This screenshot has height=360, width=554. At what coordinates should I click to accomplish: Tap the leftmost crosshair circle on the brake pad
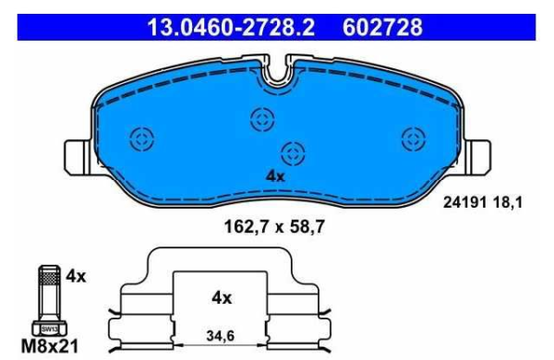pos(141,139)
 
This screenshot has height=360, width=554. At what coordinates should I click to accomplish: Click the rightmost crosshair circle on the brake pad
pos(411,138)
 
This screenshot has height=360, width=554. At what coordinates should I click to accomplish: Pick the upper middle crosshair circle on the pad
pos(261,117)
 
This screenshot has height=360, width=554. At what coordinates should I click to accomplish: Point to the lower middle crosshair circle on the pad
pos(293,151)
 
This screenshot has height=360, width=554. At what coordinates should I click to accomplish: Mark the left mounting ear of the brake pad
pos(76,154)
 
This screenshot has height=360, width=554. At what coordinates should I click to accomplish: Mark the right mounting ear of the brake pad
pos(479,154)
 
